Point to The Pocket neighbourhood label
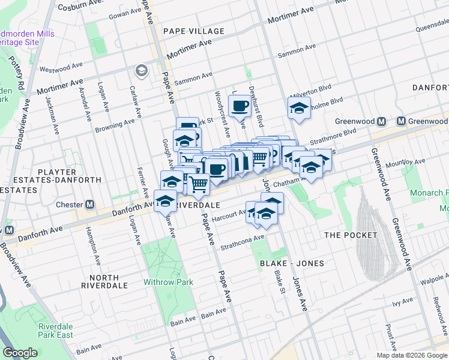351,235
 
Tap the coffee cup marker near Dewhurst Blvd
240,107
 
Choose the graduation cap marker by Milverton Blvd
298,108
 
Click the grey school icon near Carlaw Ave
141,71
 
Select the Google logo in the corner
20,353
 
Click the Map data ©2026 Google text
411,355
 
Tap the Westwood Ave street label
61,67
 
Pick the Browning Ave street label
115,125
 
